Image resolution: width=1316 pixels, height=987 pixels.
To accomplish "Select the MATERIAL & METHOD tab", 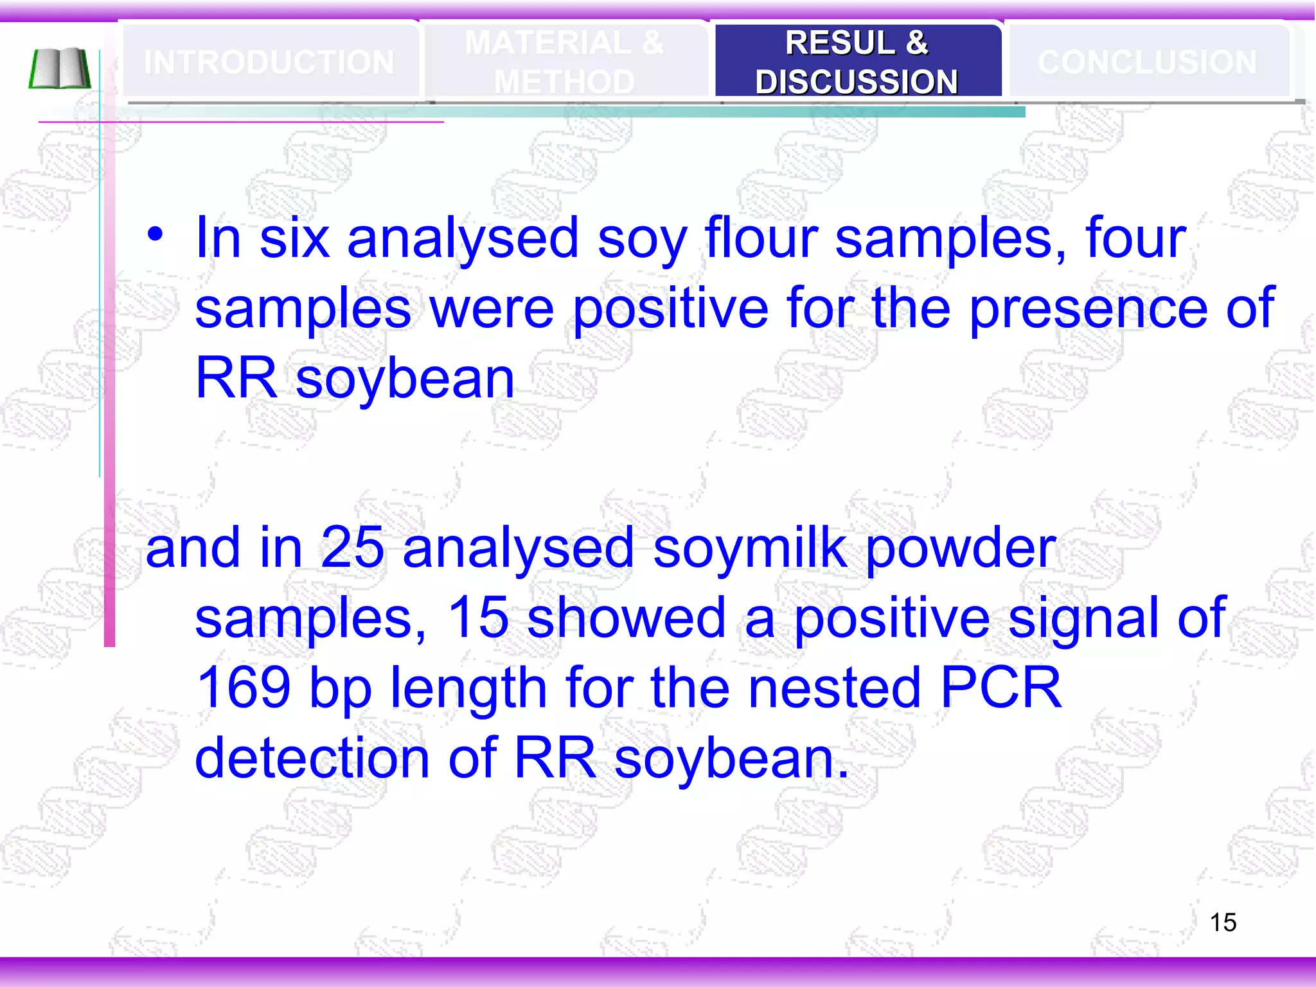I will pos(564,62).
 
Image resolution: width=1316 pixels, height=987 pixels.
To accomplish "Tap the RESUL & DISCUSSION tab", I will pos(857,62).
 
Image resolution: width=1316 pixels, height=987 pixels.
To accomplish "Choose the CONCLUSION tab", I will pos(1147,62).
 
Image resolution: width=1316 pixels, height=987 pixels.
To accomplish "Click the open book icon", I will pos(60,68).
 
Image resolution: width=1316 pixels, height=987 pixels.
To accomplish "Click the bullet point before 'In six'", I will pos(155,235).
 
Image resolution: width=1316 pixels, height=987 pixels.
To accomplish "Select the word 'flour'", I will pos(761,238).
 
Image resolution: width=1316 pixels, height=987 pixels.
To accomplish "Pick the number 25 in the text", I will pos(352,547).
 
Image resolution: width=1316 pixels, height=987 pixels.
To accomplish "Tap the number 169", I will pos(244,688).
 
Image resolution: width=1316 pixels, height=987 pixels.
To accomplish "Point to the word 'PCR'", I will pos(1000,688).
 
